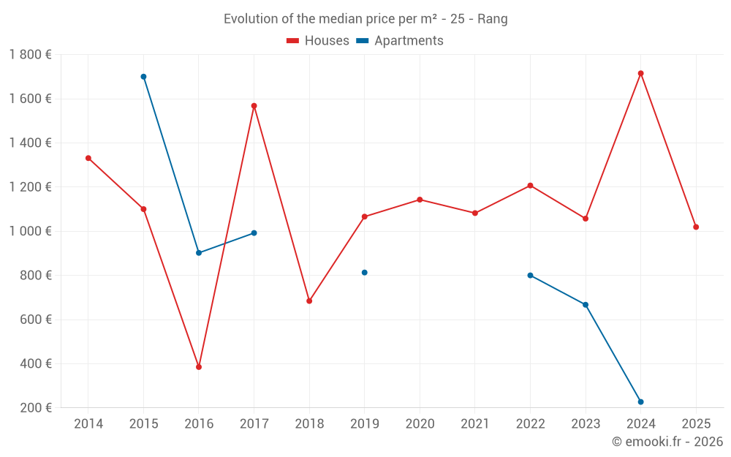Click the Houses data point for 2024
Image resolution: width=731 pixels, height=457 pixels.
click(x=640, y=73)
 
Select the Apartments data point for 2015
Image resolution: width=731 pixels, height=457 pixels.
click(x=143, y=77)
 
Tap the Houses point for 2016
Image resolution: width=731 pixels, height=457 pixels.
click(x=199, y=367)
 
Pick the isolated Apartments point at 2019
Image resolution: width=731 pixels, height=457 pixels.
click(x=364, y=273)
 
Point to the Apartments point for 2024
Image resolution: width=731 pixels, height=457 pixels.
click(x=640, y=402)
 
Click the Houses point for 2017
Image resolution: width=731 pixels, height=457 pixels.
click(x=254, y=106)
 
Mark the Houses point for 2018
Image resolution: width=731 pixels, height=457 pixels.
click(x=309, y=301)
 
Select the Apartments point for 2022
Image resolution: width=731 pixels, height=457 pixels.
click(x=530, y=276)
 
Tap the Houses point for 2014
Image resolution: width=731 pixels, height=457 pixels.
click(x=88, y=158)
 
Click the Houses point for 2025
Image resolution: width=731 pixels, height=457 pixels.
click(x=696, y=227)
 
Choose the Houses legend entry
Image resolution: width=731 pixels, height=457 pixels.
click(x=318, y=41)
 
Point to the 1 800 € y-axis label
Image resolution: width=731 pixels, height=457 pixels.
click(x=30, y=54)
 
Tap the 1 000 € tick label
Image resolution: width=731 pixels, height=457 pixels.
click(x=30, y=231)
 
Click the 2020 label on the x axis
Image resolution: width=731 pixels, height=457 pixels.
click(x=420, y=424)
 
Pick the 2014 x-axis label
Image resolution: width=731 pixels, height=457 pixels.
click(x=88, y=424)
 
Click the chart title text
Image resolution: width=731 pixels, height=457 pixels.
click(x=365, y=19)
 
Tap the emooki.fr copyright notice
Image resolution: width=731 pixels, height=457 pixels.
click(x=667, y=442)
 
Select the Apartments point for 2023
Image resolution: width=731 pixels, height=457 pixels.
click(x=586, y=305)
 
